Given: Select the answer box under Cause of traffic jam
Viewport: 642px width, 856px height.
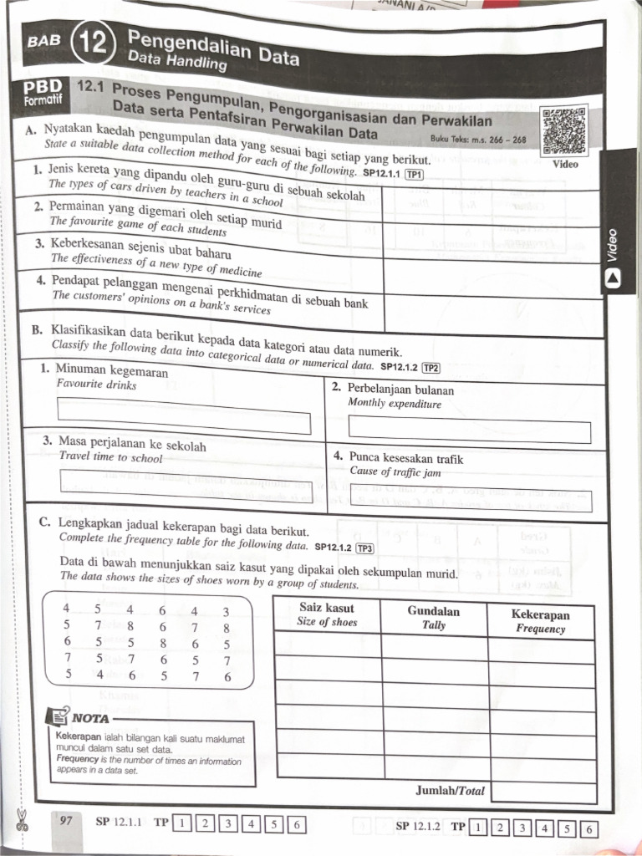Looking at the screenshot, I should coord(469,500).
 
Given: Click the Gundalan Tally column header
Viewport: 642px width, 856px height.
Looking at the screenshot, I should coord(433,617).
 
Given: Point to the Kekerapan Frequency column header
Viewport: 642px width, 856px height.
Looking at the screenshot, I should coord(540,621).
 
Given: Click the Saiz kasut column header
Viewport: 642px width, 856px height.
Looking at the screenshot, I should coord(327,614).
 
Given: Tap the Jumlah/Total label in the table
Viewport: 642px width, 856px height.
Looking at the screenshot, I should coord(450,790).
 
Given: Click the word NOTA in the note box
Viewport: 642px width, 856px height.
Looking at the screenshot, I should coord(89,717).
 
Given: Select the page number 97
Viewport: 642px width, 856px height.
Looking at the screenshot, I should coord(66,821).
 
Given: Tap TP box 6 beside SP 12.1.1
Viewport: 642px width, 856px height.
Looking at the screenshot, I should coord(295,824).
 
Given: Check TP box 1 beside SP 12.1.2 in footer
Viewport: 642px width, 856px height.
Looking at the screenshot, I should coord(477,828).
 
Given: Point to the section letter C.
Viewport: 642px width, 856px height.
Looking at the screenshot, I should coord(44,522).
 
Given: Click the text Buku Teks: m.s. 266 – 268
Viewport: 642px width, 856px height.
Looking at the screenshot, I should coord(478,140).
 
